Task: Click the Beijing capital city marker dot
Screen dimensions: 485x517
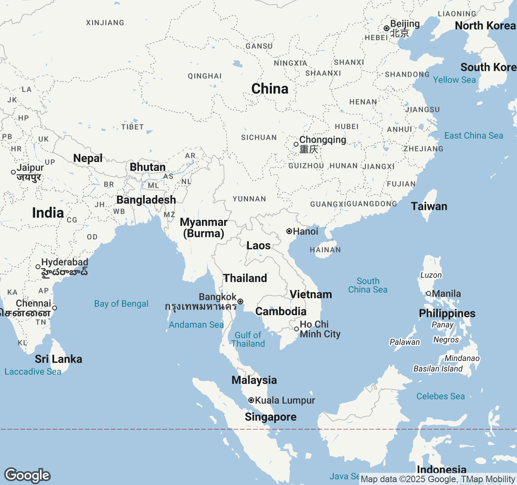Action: coord(387,28)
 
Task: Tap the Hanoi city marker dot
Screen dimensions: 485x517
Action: coord(289,231)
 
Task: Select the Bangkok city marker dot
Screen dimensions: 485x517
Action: coord(240,302)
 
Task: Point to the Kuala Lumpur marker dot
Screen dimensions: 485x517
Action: coord(251,400)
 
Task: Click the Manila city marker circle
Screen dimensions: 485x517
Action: coord(429,293)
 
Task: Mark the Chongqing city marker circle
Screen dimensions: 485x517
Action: coord(296,144)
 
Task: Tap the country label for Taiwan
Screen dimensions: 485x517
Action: coord(429,206)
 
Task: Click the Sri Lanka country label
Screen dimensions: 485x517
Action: coord(59,359)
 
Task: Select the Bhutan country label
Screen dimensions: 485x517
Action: coord(147,167)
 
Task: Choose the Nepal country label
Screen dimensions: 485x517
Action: coord(88,158)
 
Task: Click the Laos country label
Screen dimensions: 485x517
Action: coord(258,245)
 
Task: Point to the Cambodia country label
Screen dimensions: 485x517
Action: coord(281,311)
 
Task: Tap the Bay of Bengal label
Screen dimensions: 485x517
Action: coord(121,304)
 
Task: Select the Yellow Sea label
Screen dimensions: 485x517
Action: coord(454,80)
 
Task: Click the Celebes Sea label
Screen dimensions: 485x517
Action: coord(440,396)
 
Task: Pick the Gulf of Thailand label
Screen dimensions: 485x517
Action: coord(248,339)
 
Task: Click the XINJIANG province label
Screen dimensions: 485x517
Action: coord(105,23)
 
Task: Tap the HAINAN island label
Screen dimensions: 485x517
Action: coord(325,250)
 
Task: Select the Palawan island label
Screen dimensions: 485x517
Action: coord(405,342)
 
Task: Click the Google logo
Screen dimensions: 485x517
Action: coord(27,475)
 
